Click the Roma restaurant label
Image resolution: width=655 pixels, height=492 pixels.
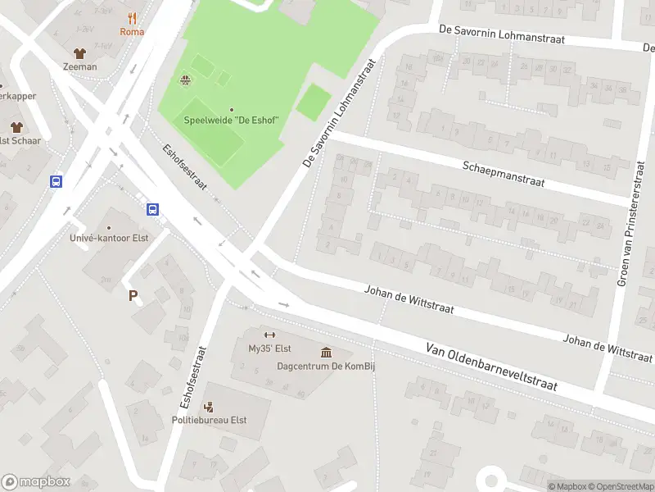pyautogui.click(x=132, y=32)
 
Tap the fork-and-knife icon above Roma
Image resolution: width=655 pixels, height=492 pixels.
pyautogui.click(x=132, y=18)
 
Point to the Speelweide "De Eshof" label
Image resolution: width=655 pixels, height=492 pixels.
pyautogui.click(x=232, y=121)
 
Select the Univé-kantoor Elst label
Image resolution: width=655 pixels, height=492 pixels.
pyautogui.click(x=109, y=239)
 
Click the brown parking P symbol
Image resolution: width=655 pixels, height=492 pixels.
pyautogui.click(x=133, y=295)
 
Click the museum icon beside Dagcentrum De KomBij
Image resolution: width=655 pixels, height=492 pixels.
pyautogui.click(x=326, y=353)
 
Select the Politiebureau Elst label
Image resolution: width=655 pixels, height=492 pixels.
pyautogui.click(x=209, y=420)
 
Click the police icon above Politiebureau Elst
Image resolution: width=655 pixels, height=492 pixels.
pyautogui.click(x=209, y=406)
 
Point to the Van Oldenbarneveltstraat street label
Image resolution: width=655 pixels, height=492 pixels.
pyautogui.click(x=491, y=368)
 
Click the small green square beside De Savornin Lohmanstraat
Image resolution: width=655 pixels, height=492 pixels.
pyautogui.click(x=313, y=102)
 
